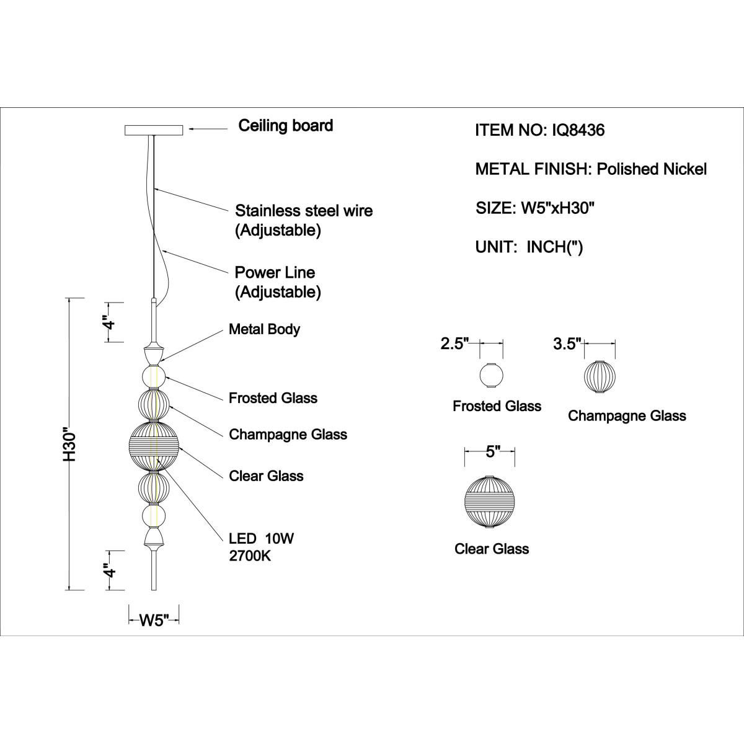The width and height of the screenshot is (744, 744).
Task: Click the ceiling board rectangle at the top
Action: coord(153,130)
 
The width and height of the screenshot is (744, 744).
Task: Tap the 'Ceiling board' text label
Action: coord(285,125)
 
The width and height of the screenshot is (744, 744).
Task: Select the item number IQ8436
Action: coord(578,130)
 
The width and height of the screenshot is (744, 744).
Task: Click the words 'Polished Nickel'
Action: coord(652,169)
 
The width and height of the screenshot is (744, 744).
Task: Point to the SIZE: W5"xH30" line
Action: coord(534,208)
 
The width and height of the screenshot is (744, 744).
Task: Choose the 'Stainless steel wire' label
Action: coord(304,211)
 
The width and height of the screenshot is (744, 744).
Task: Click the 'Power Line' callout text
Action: coord(275,273)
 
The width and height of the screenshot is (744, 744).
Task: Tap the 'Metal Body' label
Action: coord(264,329)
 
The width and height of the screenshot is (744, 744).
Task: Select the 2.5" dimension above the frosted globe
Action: coord(454,343)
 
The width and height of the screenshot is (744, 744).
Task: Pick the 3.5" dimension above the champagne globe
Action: coord(567,343)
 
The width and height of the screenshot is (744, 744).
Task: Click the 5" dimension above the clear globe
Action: coord(490,451)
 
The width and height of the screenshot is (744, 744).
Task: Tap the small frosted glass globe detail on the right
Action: coord(491,375)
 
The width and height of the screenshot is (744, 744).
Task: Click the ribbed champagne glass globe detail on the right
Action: coord(600,376)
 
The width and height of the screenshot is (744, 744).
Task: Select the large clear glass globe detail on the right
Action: coord(489,502)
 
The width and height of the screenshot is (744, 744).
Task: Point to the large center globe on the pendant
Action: coord(154,446)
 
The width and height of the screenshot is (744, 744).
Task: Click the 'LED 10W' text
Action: coord(262,538)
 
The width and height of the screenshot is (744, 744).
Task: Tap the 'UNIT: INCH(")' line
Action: coord(529,247)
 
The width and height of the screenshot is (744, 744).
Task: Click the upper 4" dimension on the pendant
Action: coord(110,322)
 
